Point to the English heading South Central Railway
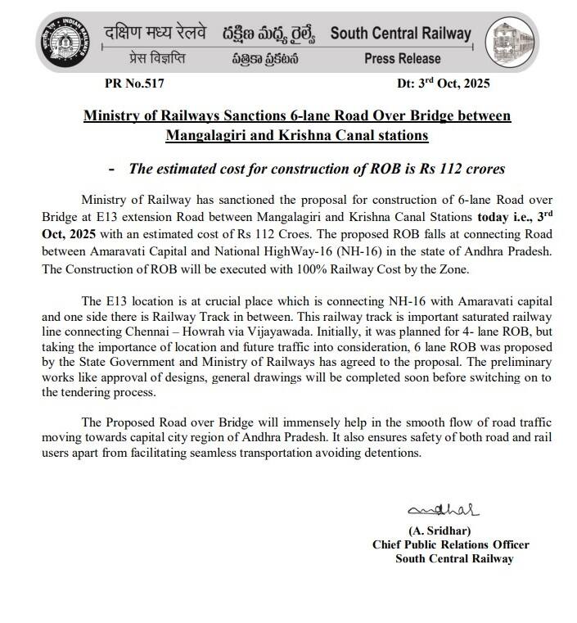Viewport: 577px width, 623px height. coord(400,34)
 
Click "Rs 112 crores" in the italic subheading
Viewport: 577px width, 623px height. coord(465,169)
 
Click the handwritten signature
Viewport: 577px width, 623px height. coord(435,512)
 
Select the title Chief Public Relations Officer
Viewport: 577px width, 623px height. coord(450,544)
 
